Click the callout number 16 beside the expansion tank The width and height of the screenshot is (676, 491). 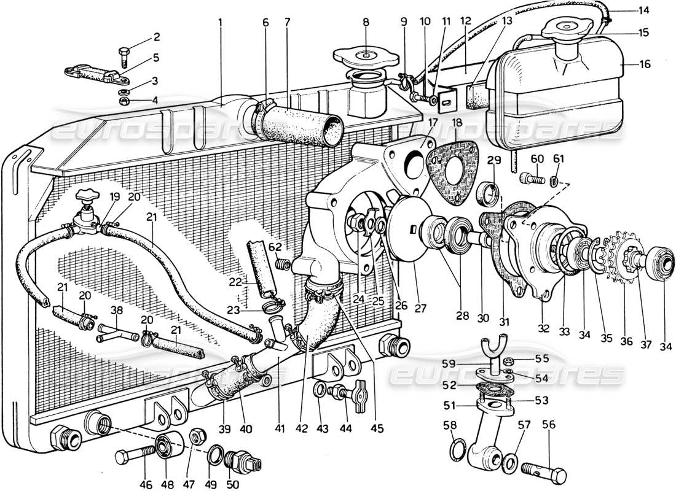click(645, 64)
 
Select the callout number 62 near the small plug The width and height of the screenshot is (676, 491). click(276, 247)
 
